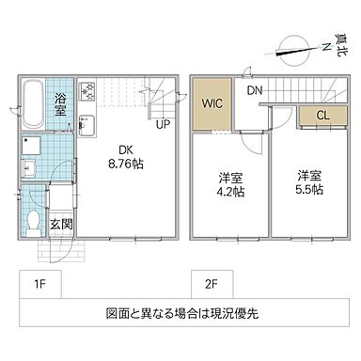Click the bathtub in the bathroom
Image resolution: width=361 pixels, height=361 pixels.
(x=31, y=105)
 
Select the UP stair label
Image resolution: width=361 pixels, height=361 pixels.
(x=163, y=123)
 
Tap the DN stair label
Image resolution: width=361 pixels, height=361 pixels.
(x=255, y=92)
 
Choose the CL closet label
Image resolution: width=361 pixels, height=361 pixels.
(x=322, y=116)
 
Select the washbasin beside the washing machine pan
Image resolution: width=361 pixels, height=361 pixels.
(x=28, y=168)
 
